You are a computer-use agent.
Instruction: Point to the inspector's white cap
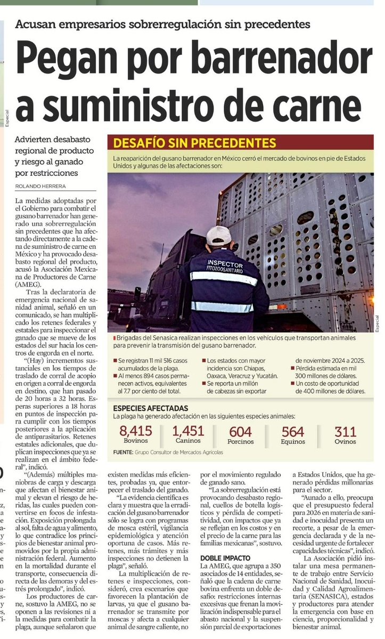[x=219, y=235]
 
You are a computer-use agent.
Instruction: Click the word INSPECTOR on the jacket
[x=225, y=265]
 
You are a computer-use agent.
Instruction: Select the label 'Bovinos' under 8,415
[x=136, y=441]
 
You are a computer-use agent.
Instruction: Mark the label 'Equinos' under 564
[x=293, y=441]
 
